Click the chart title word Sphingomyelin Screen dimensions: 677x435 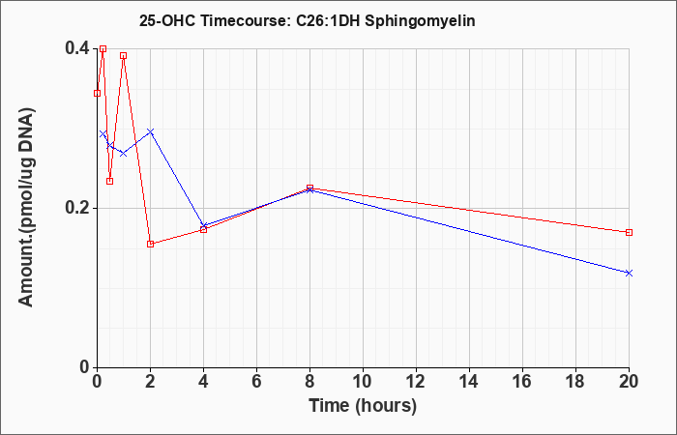click(420, 21)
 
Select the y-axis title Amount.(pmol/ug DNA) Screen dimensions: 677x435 click(26, 207)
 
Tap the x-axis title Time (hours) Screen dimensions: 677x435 click(363, 406)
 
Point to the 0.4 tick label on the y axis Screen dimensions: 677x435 click(77, 48)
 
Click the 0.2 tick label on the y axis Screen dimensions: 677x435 click(77, 208)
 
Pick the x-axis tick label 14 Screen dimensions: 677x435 click(469, 382)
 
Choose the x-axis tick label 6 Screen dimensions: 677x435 click(257, 382)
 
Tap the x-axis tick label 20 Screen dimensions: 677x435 click(629, 382)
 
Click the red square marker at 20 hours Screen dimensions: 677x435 click(629, 233)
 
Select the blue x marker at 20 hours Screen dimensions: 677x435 click(629, 274)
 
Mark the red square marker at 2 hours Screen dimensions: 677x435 click(150, 245)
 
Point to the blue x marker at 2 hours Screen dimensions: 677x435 click(150, 131)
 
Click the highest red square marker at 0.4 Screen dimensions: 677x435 click(103, 48)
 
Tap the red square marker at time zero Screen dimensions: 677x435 click(97, 93)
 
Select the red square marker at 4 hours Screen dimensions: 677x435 click(204, 230)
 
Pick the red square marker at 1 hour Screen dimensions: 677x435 click(124, 56)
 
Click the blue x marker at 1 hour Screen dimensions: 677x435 click(124, 153)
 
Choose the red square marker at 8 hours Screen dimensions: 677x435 click(310, 188)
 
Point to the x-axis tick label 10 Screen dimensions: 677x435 click(363, 382)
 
